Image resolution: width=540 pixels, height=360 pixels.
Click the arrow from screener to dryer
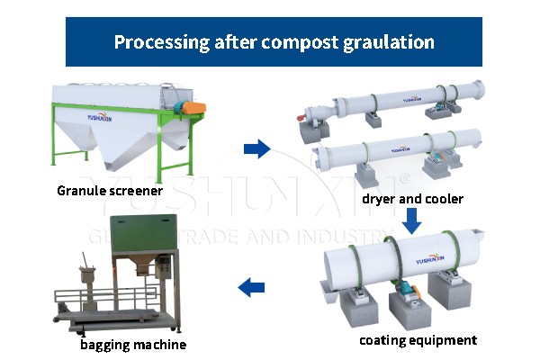[x=257, y=149]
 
